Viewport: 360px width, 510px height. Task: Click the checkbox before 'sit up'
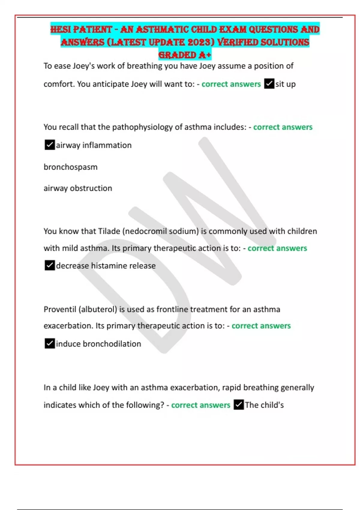pyautogui.click(x=269, y=84)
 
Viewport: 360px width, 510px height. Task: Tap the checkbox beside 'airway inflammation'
pyautogui.click(x=49, y=145)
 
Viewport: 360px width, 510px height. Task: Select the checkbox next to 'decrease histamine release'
pyautogui.click(x=49, y=265)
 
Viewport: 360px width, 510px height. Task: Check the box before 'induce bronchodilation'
pyautogui.click(x=49, y=343)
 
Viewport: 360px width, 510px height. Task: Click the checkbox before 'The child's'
pyautogui.click(x=238, y=405)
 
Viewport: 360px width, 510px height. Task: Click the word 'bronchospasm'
pyautogui.click(x=70, y=167)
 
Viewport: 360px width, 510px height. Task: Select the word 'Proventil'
pyautogui.click(x=60, y=309)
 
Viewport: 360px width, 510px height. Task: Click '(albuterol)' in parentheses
pyautogui.click(x=98, y=309)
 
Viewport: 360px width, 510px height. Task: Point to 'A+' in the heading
pyautogui.click(x=205, y=55)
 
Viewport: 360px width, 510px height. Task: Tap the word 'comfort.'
pyautogui.click(x=59, y=84)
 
